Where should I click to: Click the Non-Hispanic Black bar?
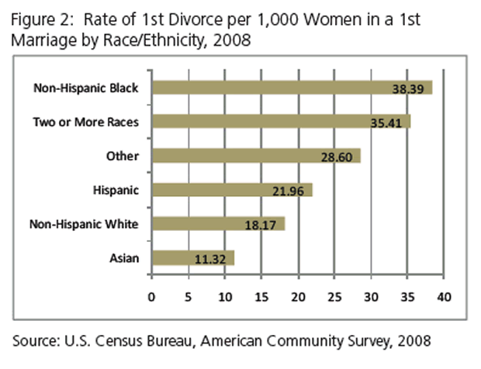(291, 88)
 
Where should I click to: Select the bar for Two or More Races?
(280, 122)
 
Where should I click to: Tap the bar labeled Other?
(255, 156)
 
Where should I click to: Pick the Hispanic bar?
(231, 190)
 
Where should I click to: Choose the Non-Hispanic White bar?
(217, 224)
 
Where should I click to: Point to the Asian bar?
(192, 258)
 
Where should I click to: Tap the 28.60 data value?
(337, 157)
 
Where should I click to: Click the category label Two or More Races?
(85, 122)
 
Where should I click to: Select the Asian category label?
(124, 258)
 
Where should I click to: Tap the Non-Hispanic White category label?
(83, 224)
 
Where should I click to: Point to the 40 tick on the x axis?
(444, 297)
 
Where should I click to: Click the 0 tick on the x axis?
(152, 297)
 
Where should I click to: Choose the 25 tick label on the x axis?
(334, 297)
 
